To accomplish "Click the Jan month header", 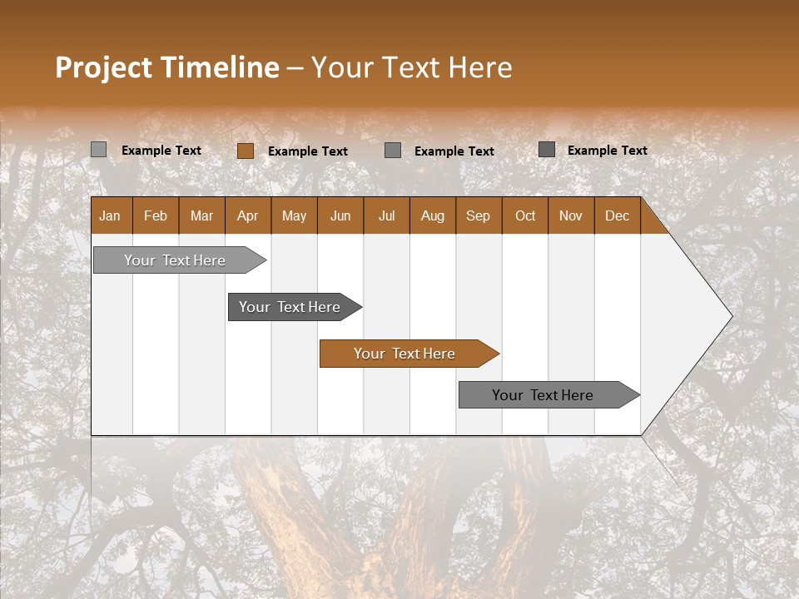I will (111, 215).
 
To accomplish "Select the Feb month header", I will (156, 215).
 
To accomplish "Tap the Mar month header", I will (201, 215).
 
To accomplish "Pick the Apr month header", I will (248, 215).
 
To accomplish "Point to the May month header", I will (294, 215).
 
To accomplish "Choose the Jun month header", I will (340, 215).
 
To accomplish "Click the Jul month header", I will (386, 215).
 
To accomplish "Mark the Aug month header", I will (433, 215).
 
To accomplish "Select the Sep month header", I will (479, 215).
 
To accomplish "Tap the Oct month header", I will (525, 215).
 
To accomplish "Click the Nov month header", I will (571, 215).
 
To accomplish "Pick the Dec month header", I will (618, 215).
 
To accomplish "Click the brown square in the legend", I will (246, 151).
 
